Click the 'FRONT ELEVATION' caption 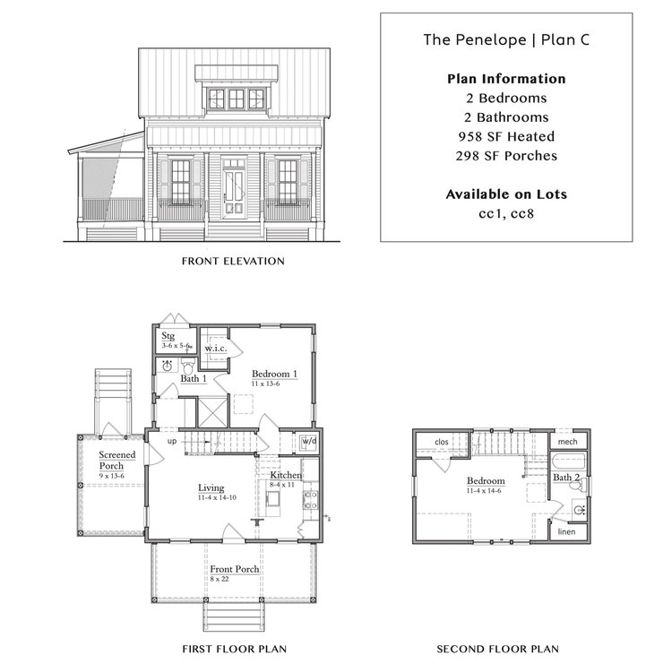tap(233, 262)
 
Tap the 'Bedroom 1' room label tap(274, 374)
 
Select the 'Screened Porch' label tap(116, 460)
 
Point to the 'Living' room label tap(211, 488)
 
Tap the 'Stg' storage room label tap(168, 335)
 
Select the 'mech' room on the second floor tap(567, 441)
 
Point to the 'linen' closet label tap(566, 532)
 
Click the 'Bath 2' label tap(565, 478)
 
